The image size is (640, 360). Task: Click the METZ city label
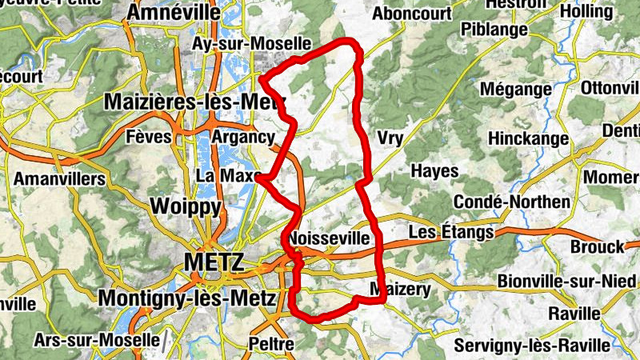[x=213, y=262]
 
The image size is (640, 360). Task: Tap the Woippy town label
[x=186, y=206]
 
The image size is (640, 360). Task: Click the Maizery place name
[x=401, y=289]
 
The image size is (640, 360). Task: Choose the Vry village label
[x=390, y=138]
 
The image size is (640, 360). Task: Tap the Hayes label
[x=434, y=171]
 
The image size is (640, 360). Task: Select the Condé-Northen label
[x=511, y=201]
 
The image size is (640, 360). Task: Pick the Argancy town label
[x=243, y=137]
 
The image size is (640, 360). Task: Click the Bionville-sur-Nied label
[x=566, y=282]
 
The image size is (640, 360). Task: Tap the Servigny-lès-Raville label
[x=531, y=346]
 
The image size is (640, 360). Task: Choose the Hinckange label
[x=527, y=138]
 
